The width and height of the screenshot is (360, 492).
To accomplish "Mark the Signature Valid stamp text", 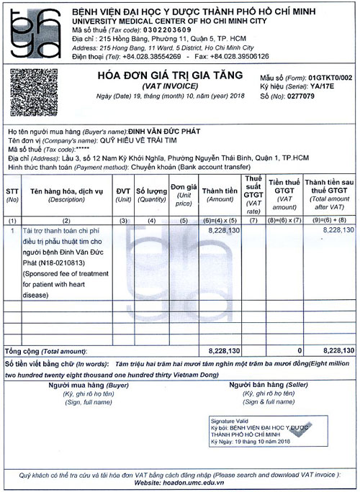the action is pyautogui.click(x=228, y=418).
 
